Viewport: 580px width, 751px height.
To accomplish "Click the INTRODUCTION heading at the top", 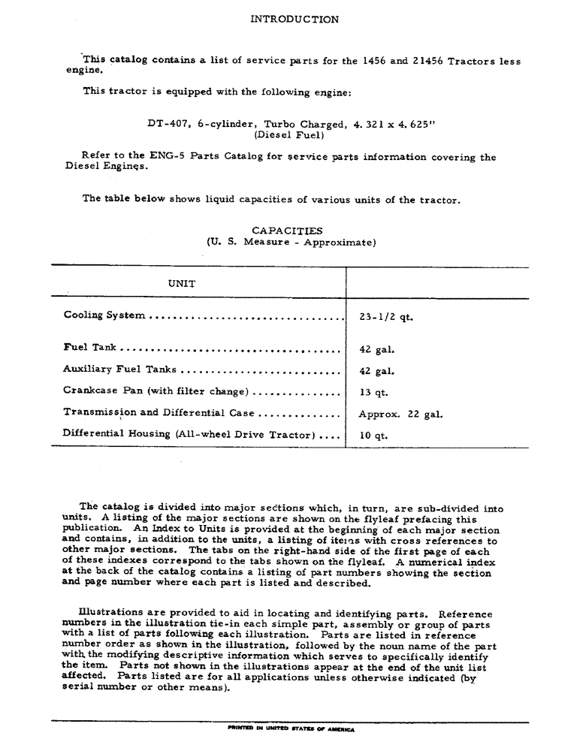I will click(x=294, y=20).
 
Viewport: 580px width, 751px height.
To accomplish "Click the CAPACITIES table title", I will click(x=288, y=231).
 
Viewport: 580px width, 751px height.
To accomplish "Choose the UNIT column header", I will click(x=182, y=283).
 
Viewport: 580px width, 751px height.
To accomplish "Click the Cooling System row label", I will click(x=104, y=315).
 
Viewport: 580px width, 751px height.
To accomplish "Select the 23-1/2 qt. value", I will click(x=386, y=316).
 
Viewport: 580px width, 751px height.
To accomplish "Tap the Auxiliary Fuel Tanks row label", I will click(x=121, y=369).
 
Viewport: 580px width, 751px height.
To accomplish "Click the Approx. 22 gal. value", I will click(x=400, y=414).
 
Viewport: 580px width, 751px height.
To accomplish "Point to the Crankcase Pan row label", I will click(x=156, y=391).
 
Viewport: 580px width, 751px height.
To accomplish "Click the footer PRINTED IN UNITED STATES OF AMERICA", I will click(x=289, y=728).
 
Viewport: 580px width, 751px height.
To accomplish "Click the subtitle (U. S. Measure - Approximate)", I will click(x=290, y=243).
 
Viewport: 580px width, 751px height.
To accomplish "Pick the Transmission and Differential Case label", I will click(x=159, y=413).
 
